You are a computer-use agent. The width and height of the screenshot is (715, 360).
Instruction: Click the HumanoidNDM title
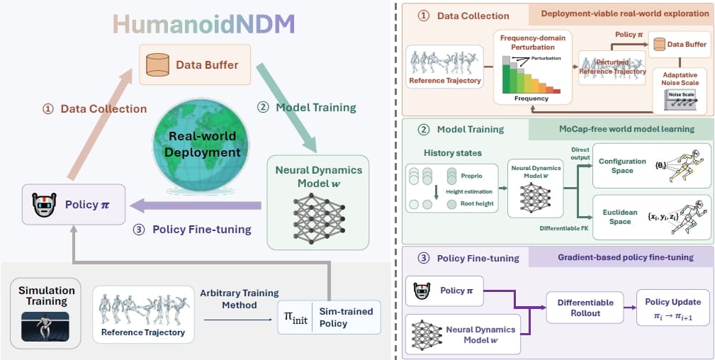203,24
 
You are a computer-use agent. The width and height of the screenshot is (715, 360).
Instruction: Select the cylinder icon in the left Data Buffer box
157,64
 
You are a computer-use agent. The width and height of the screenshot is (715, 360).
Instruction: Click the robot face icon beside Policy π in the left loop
44,204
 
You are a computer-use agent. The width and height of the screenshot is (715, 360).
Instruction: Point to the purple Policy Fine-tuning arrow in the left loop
196,206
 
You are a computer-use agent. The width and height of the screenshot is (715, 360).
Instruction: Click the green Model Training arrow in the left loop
286,108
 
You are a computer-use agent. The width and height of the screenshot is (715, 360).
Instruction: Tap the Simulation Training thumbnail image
45,326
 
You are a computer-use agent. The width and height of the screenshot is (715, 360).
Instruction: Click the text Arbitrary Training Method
240,298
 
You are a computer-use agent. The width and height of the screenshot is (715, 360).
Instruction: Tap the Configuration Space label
622,166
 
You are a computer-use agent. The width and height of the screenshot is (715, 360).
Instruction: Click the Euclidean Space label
617,217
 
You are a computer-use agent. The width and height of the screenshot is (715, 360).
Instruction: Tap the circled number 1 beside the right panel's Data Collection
423,16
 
